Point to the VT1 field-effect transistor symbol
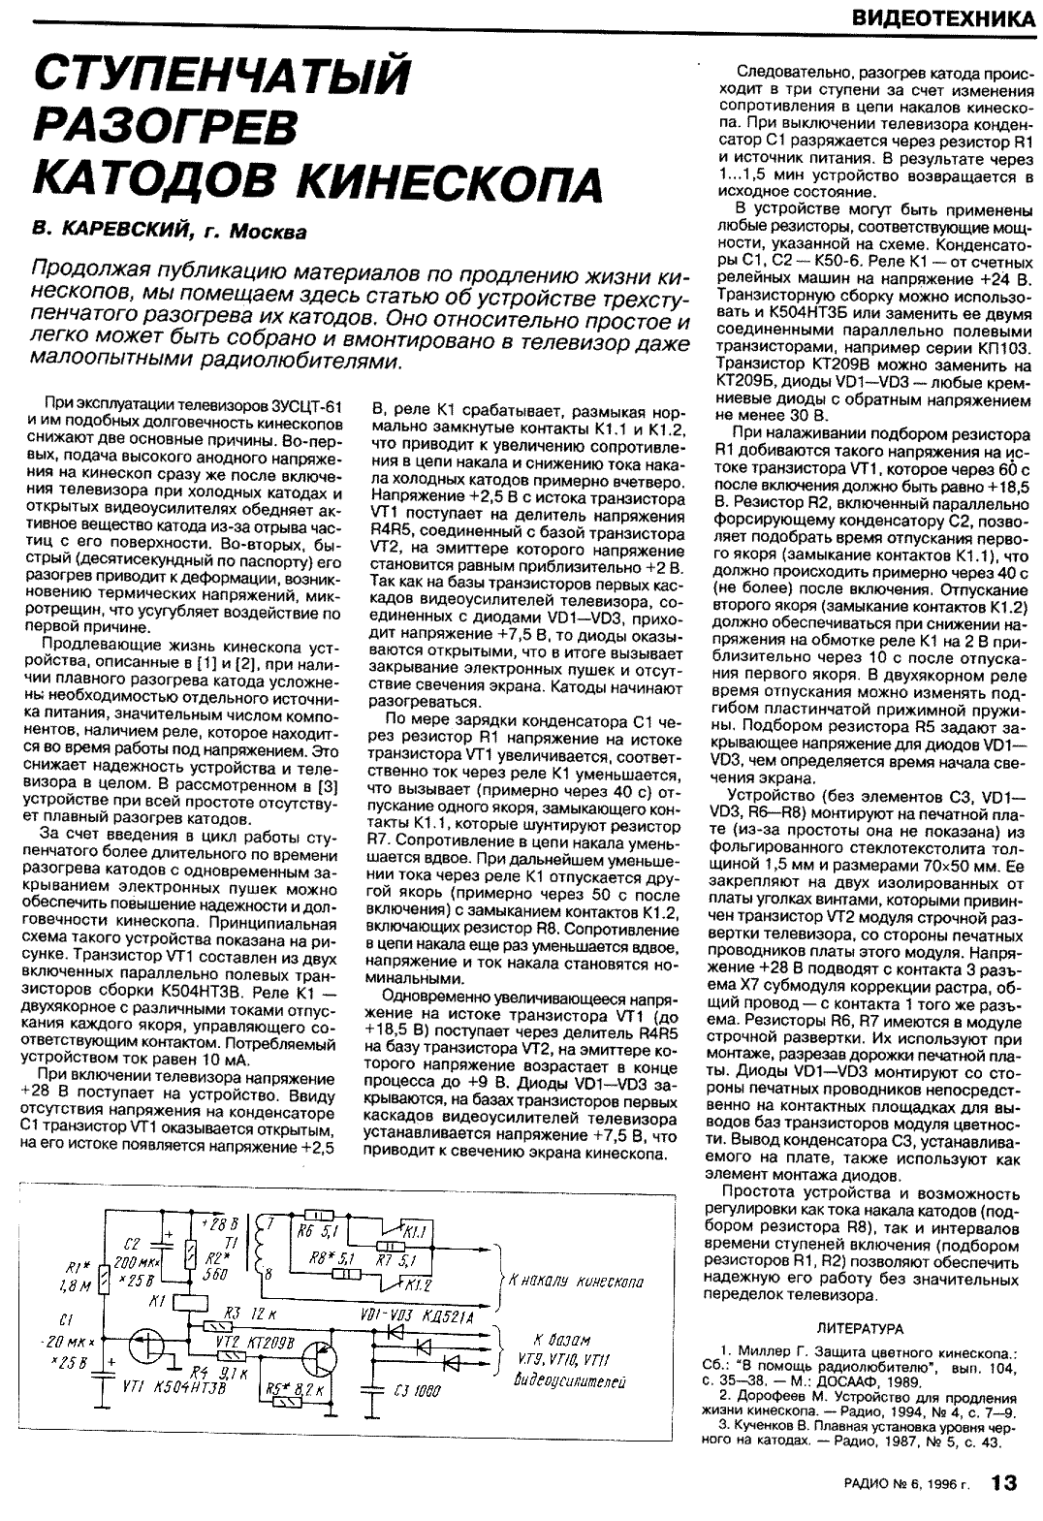tap(147, 1343)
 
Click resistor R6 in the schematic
tap(316, 1215)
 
